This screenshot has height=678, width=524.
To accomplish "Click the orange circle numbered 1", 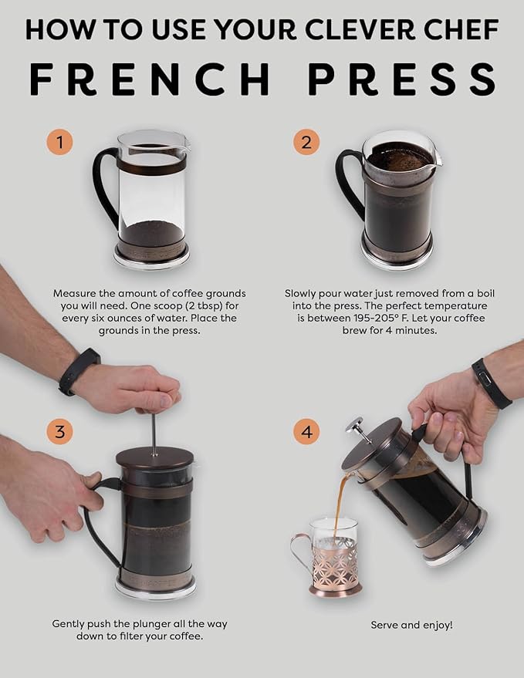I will pyautogui.click(x=59, y=143).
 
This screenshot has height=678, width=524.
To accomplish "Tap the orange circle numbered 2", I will pyautogui.click(x=306, y=143).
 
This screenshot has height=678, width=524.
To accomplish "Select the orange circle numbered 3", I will pyautogui.click(x=59, y=432).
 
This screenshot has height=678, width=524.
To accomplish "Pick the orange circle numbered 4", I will pyautogui.click(x=306, y=432).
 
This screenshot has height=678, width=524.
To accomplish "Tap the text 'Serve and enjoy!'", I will pyautogui.click(x=411, y=624).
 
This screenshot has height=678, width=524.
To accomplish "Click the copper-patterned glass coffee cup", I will pyautogui.click(x=334, y=557).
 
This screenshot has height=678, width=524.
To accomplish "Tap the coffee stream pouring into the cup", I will pyautogui.click(x=340, y=505).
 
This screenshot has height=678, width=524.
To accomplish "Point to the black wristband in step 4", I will pyautogui.click(x=491, y=383).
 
